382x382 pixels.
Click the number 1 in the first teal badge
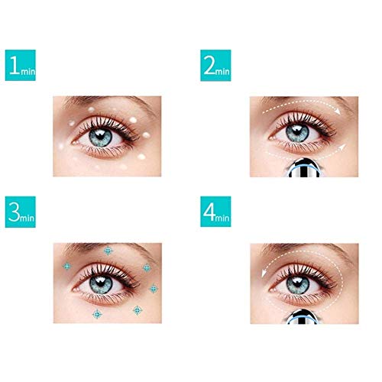(15, 66)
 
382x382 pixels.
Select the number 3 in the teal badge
(15, 215)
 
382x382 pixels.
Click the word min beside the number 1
(30, 71)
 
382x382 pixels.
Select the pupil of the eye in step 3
(105, 278)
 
